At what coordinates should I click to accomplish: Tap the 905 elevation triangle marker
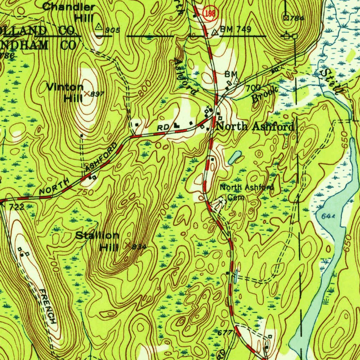click(99, 26)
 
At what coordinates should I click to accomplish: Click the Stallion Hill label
click(98, 241)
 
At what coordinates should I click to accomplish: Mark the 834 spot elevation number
click(139, 247)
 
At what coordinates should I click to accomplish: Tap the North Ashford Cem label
click(246, 192)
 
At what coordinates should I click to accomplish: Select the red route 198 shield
click(213, 13)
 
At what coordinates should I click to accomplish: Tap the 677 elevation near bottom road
click(225, 332)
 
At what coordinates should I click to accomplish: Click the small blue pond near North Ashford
click(234, 158)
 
